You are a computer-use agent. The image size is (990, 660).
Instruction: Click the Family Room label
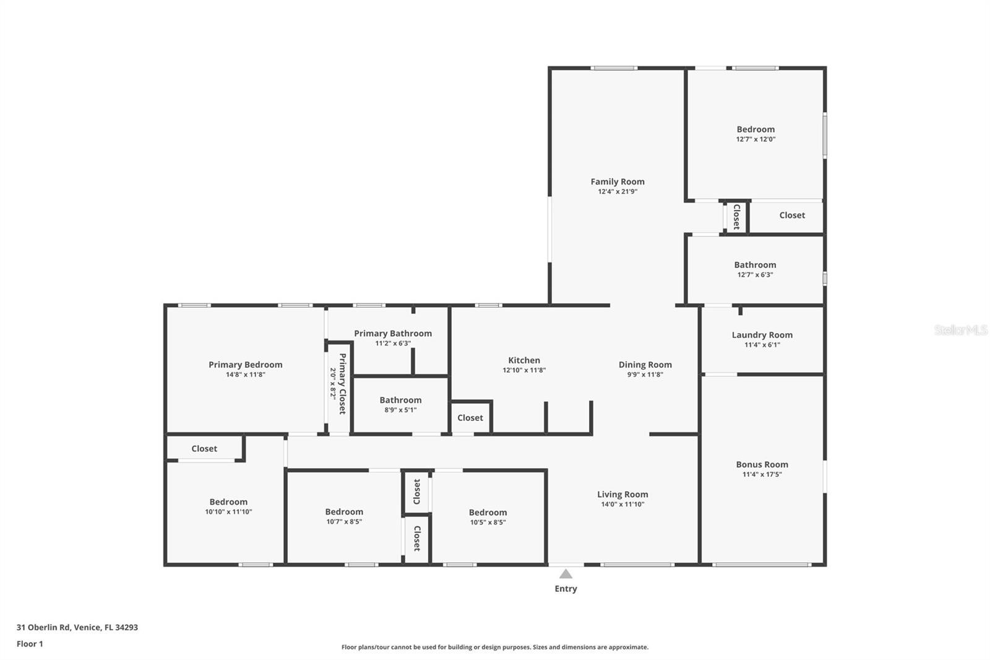click(x=618, y=181)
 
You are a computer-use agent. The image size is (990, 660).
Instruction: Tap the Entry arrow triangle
click(x=566, y=574)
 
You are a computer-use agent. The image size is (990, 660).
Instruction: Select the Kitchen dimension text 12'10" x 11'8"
click(x=524, y=370)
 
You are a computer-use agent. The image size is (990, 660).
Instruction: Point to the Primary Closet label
click(x=343, y=383)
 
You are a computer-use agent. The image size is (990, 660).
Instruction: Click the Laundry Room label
click(x=762, y=335)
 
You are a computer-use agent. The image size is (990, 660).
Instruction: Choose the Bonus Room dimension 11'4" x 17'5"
click(x=762, y=474)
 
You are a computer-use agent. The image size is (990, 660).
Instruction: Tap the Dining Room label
click(x=645, y=365)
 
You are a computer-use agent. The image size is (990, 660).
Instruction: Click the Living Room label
click(x=622, y=495)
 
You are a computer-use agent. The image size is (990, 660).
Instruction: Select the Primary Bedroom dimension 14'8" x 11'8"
click(x=245, y=375)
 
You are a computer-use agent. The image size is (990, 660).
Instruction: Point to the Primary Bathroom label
click(x=393, y=334)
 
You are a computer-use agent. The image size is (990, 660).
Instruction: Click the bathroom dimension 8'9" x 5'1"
click(x=400, y=410)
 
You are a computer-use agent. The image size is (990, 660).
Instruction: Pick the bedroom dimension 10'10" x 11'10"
click(x=228, y=512)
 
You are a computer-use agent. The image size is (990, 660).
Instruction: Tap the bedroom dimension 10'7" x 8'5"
click(x=344, y=521)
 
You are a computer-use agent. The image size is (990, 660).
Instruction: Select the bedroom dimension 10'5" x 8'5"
click(x=488, y=523)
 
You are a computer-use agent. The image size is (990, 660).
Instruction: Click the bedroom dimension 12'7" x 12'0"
click(x=755, y=139)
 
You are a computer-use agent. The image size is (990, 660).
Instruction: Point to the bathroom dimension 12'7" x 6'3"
click(x=755, y=275)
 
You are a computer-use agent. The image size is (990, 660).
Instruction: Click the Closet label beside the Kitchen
click(x=470, y=417)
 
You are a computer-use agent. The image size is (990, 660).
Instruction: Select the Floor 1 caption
click(x=30, y=644)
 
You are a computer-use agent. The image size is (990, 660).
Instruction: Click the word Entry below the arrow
click(x=566, y=589)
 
